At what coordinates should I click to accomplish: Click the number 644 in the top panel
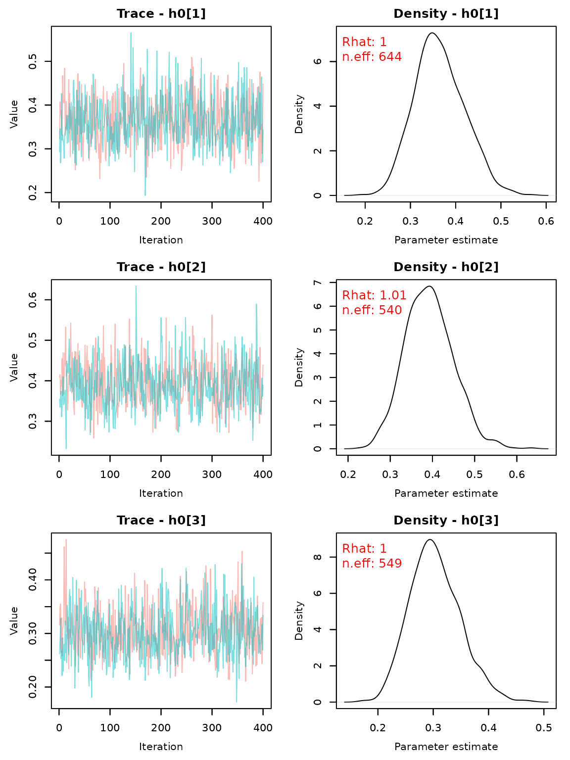click(390, 57)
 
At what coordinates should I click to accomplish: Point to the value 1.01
click(393, 296)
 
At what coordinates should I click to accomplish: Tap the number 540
click(390, 311)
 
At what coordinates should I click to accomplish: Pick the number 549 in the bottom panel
click(390, 564)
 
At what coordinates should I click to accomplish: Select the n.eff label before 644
click(358, 57)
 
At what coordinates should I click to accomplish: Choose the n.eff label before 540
click(358, 311)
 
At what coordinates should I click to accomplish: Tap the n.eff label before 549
click(358, 564)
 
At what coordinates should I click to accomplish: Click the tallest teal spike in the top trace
click(131, 34)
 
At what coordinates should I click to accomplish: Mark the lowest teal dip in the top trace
click(145, 194)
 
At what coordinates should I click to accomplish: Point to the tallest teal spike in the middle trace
click(136, 287)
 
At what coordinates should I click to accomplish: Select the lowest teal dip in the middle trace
click(66, 447)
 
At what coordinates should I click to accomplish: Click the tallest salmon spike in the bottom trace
click(66, 540)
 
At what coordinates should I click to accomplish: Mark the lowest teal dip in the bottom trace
click(237, 701)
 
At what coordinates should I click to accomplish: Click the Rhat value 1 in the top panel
click(383, 43)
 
